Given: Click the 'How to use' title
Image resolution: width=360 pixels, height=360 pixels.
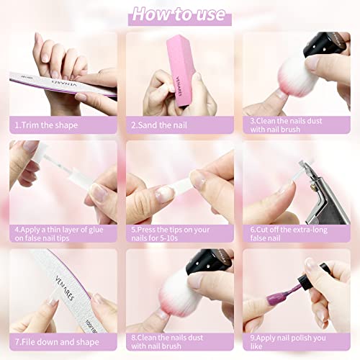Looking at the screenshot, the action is (179, 14).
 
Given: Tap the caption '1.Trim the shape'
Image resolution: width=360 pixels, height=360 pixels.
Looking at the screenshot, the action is (46, 125).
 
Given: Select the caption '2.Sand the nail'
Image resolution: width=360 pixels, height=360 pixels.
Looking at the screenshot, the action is (159, 125).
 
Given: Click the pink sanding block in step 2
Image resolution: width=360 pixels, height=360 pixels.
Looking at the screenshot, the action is (181, 71).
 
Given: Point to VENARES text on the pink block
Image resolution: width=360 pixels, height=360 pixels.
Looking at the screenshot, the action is (179, 86).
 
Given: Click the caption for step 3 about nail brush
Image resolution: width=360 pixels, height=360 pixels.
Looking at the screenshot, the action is (286, 125).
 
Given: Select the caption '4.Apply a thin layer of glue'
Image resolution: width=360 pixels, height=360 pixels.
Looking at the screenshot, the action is (59, 234).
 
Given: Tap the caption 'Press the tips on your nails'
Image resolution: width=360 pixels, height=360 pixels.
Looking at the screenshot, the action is (171, 234).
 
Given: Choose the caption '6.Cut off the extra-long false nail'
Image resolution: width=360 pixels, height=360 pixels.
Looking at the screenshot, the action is (289, 234).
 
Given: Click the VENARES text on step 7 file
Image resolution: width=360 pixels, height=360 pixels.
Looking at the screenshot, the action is (65, 288).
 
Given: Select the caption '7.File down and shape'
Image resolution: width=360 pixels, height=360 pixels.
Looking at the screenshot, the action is (57, 342).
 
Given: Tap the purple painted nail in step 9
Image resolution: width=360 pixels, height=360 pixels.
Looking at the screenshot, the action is (274, 300).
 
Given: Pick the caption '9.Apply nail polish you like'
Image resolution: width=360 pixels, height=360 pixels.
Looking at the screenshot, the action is (288, 342).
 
